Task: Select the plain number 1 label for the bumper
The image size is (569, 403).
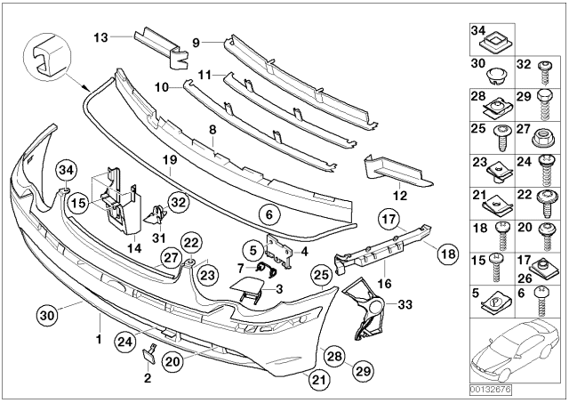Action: click(x=100, y=340)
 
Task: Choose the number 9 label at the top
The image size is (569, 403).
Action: click(x=197, y=41)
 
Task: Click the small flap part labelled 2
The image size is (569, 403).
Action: click(x=148, y=356)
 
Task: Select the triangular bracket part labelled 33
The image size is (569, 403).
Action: click(x=369, y=311)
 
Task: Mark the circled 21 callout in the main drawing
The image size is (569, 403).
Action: click(x=319, y=380)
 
